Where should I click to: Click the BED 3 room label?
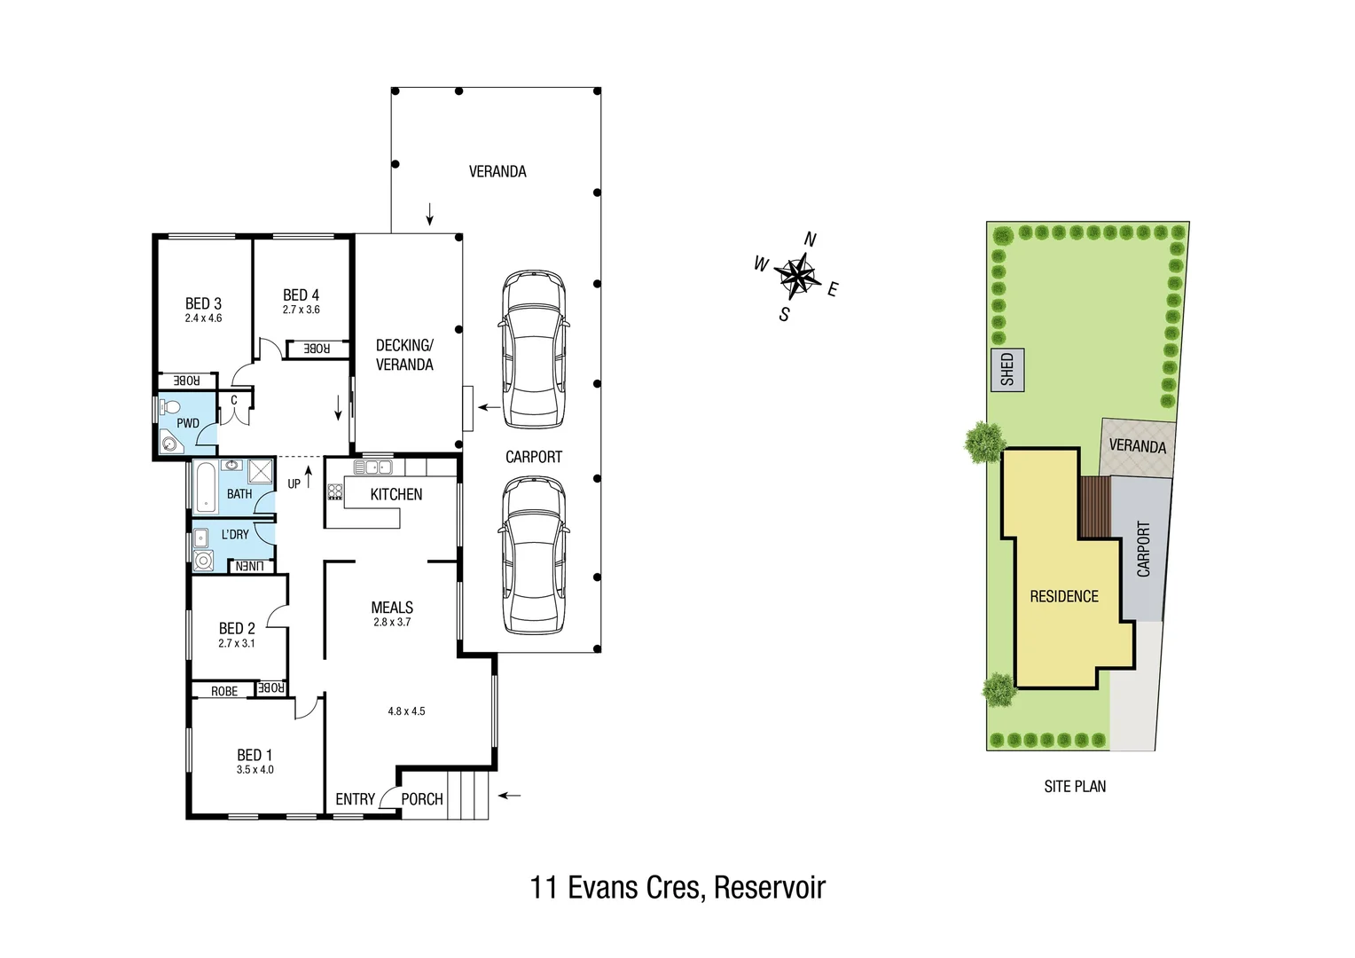coord(203,303)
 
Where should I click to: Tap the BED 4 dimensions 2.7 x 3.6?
coord(301,310)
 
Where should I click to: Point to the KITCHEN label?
coord(396,494)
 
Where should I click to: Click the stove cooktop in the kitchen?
coord(335,491)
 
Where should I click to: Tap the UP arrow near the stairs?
coord(308,478)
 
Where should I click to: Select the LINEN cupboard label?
coord(249,566)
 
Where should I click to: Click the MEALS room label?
coord(392,608)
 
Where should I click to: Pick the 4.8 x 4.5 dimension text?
coord(406,711)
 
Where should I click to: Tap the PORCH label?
coord(421,799)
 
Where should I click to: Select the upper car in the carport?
coord(533,349)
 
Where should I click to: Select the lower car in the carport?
coord(533,555)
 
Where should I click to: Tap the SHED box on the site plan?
coord(1007,370)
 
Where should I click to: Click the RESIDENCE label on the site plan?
coord(1063,597)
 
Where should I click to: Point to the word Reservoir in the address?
coord(769,887)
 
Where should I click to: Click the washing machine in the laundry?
coord(204,561)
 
